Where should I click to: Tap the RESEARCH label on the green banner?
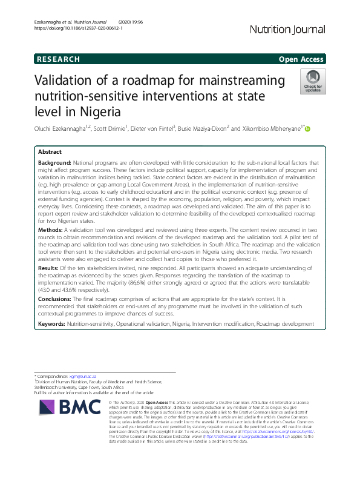click(x=58, y=59)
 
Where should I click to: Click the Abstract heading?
click(x=50, y=152)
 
